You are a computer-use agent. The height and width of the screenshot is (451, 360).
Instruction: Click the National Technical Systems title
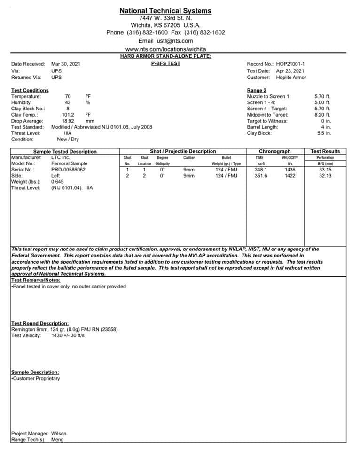[x=165, y=11]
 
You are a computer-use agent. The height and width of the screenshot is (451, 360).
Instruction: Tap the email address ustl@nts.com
[x=172, y=41]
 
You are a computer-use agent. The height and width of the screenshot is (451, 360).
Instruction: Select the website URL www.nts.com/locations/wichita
[x=165, y=49]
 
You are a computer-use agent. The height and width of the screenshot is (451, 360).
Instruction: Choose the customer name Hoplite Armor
[x=291, y=77]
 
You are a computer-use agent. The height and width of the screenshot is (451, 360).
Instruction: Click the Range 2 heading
[x=257, y=90]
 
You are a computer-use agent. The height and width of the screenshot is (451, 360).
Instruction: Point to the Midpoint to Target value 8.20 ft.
[x=322, y=115]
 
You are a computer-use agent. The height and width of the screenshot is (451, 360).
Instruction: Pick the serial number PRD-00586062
[x=69, y=170]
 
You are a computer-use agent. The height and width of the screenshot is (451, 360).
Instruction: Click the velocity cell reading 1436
[x=290, y=170]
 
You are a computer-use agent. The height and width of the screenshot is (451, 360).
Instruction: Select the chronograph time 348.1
[x=260, y=170]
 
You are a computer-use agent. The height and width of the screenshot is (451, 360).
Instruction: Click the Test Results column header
[x=325, y=151]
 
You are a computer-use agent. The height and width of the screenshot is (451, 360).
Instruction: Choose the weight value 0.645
[x=57, y=182]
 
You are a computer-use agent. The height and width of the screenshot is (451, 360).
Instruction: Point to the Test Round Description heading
[x=40, y=323]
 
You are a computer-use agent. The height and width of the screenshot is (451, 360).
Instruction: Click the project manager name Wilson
[x=59, y=433]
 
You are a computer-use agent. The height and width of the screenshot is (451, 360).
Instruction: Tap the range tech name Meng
[x=57, y=440]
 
